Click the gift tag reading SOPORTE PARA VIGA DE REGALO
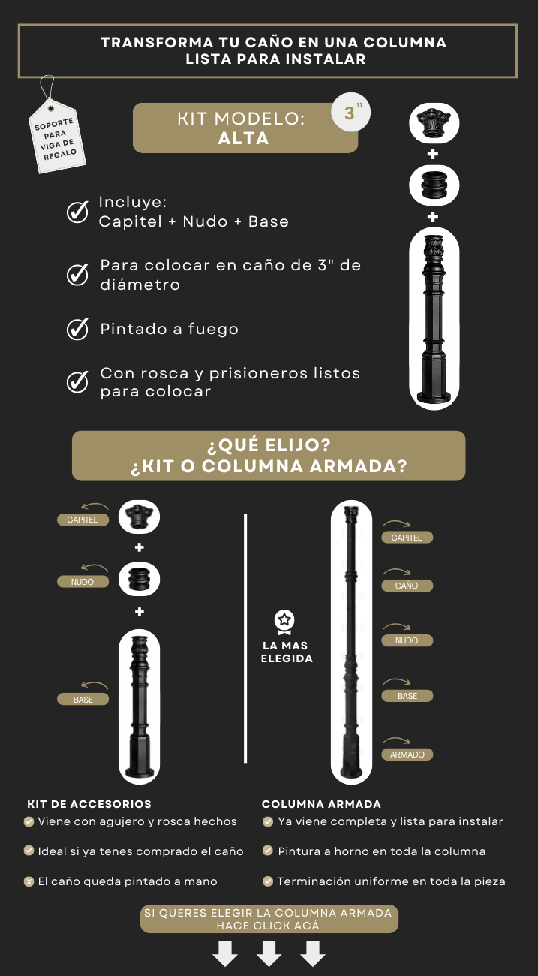pyautogui.click(x=57, y=137)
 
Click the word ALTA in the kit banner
pyautogui.click(x=244, y=139)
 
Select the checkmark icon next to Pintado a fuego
pyautogui.click(x=77, y=329)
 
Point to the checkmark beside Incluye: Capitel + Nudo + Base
pyautogui.click(x=77, y=212)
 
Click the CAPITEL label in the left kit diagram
pyautogui.click(x=83, y=520)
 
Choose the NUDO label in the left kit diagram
pyautogui.click(x=83, y=582)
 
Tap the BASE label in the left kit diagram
pyautogui.click(x=83, y=699)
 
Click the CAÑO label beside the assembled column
pyautogui.click(x=407, y=586)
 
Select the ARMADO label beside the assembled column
pyautogui.click(x=407, y=755)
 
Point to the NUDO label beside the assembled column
pyautogui.click(x=407, y=640)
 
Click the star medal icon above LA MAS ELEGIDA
pyautogui.click(x=284, y=622)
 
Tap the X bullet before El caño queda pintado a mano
pyautogui.click(x=29, y=882)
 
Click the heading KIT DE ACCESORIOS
pyautogui.click(x=89, y=804)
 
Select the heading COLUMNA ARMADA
pyautogui.click(x=321, y=804)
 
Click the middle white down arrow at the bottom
pyautogui.click(x=269, y=953)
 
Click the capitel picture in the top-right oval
pyautogui.click(x=434, y=123)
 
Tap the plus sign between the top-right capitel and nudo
pyautogui.click(x=433, y=154)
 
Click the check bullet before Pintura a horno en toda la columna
pyautogui.click(x=268, y=851)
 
